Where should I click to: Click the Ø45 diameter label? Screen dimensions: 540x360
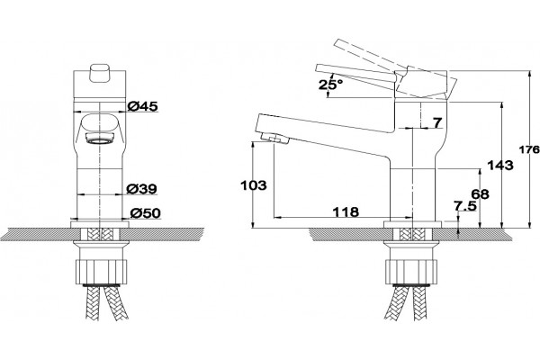tap(142, 106)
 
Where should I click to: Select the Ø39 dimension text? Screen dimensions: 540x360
tap(141, 189)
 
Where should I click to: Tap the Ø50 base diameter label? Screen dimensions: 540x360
tap(145, 213)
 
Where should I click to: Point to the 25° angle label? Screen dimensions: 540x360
tap(330, 85)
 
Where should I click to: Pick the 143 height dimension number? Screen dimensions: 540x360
tap(500, 166)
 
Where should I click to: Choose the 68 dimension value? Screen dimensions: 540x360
tap(480, 194)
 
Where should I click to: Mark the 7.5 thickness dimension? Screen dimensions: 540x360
tap(465, 206)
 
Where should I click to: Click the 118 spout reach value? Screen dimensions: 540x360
tap(346, 211)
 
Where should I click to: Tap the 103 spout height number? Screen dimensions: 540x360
tap(254, 185)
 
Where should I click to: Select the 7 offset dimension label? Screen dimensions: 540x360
tap(437, 122)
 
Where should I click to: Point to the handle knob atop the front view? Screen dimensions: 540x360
tap(100, 74)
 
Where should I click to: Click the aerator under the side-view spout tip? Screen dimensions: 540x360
tap(274, 139)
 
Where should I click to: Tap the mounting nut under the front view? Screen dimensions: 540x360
tap(101, 272)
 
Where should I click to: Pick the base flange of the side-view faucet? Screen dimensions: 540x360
tap(412, 225)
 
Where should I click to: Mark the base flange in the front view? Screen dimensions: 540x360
tap(100, 225)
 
